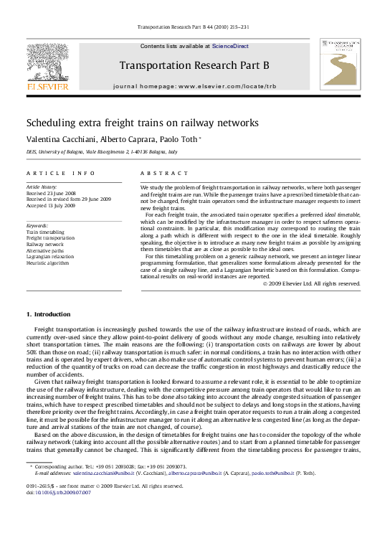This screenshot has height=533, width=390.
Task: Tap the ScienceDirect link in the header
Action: pos(230,46)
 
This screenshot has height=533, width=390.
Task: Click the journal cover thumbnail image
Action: pos(340,65)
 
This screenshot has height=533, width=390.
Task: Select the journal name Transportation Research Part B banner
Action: pos(194,66)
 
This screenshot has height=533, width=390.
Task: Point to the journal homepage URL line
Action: pos(194,86)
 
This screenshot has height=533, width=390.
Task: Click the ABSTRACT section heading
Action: pos(164,173)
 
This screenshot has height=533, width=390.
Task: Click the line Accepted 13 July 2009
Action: pos(51,205)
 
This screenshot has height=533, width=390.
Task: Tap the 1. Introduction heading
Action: pos(48,314)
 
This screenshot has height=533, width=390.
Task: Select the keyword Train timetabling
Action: pos(45,232)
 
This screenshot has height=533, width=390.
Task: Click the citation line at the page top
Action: pos(194,27)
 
